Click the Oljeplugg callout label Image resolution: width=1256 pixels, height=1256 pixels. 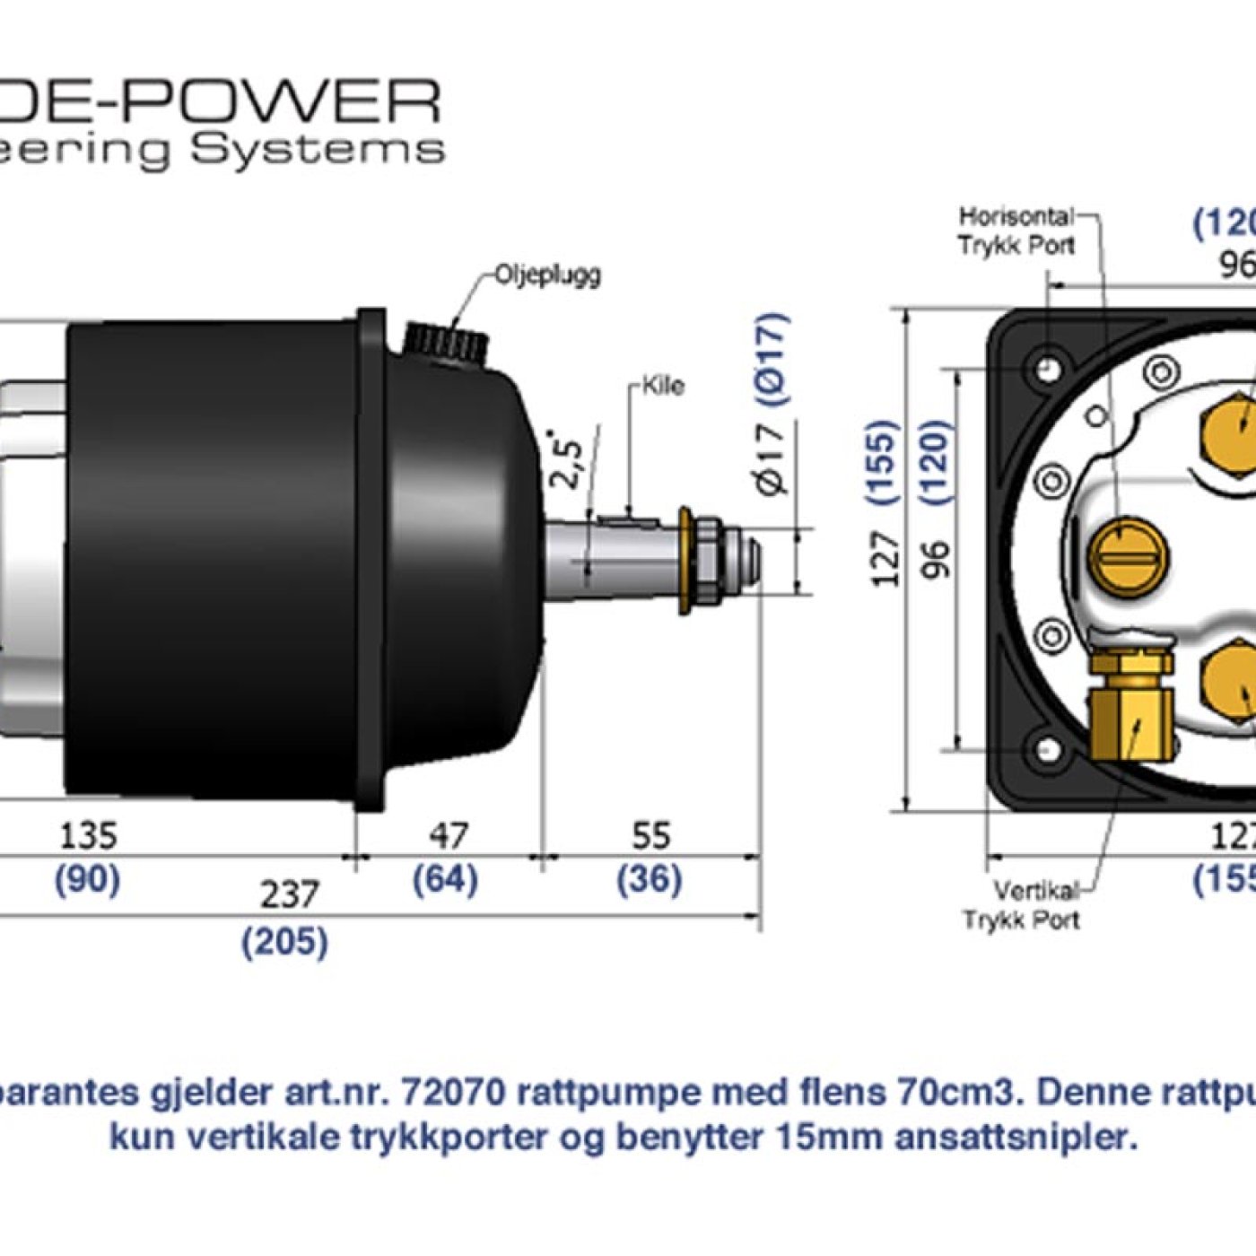[x=547, y=275]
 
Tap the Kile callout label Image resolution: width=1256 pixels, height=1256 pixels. [x=664, y=386]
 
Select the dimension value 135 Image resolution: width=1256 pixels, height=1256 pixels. [x=88, y=836]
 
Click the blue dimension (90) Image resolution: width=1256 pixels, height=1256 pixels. [x=88, y=879]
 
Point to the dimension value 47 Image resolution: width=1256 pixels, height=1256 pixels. [x=448, y=836]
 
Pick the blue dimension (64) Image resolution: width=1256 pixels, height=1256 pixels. [x=445, y=879]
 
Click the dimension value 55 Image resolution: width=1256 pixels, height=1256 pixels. [x=650, y=836]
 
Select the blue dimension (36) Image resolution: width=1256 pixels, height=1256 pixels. [x=649, y=879]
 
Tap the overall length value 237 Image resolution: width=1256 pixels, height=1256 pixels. [x=289, y=894]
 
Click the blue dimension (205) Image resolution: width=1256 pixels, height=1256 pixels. [x=285, y=942]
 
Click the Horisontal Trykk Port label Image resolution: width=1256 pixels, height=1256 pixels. [x=1016, y=231]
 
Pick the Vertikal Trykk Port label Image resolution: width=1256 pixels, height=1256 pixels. [x=1023, y=905]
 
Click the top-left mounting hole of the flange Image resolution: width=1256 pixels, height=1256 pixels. [x=1047, y=369]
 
